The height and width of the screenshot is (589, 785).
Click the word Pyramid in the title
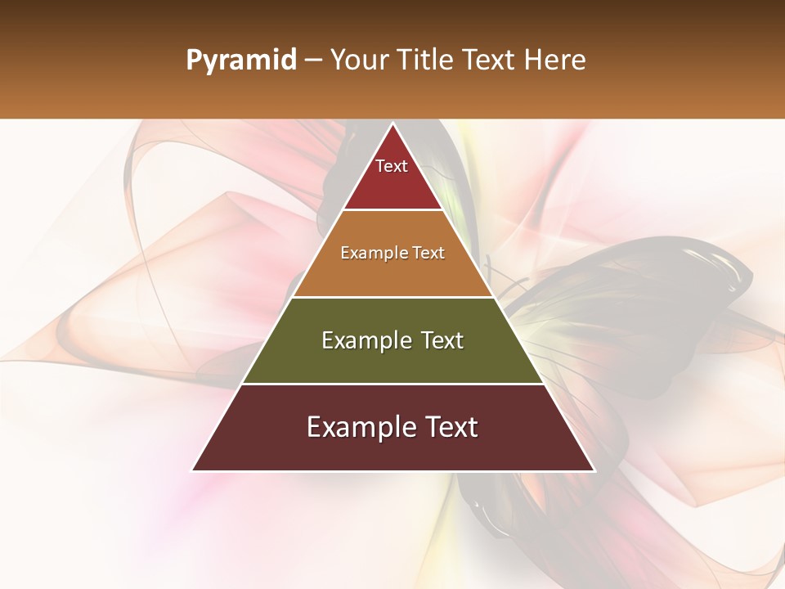tap(241, 61)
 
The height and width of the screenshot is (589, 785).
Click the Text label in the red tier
tap(392, 166)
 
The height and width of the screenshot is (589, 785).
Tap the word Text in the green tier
tap(442, 340)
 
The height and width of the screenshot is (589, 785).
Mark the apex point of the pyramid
tap(392, 124)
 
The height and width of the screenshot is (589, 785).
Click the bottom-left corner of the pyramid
tap(193, 470)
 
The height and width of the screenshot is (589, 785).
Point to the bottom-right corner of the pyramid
tap(594, 470)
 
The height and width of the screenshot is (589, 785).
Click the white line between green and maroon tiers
tap(392, 384)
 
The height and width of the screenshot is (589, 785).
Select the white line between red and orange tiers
tap(392, 210)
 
